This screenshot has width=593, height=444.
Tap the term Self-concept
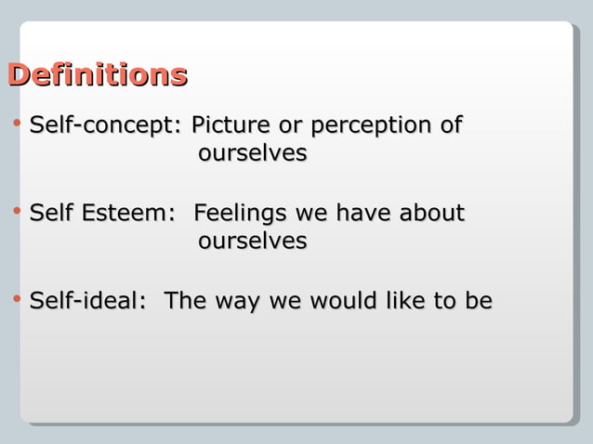pos(105,125)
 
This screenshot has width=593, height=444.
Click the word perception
pos(372,125)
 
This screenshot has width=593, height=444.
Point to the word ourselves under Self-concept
pos(252,152)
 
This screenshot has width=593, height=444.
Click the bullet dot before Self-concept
pos(17,124)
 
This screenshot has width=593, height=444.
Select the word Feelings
pos(240,214)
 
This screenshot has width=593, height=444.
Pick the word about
pos(431,213)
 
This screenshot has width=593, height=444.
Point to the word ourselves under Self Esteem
pos(252,241)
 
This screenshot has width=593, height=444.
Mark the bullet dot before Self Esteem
pos(17,213)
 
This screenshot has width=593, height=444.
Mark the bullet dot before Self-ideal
pos(17,300)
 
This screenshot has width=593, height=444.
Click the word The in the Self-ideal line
pos(185,301)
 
